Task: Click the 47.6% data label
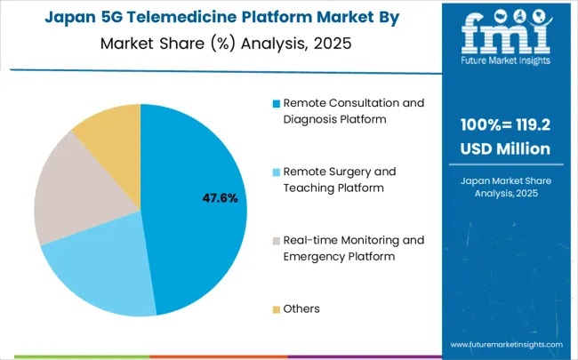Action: (x=220, y=198)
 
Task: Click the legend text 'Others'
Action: (x=301, y=309)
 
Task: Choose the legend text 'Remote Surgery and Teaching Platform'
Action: (x=339, y=179)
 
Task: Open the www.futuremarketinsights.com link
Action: (x=506, y=344)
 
